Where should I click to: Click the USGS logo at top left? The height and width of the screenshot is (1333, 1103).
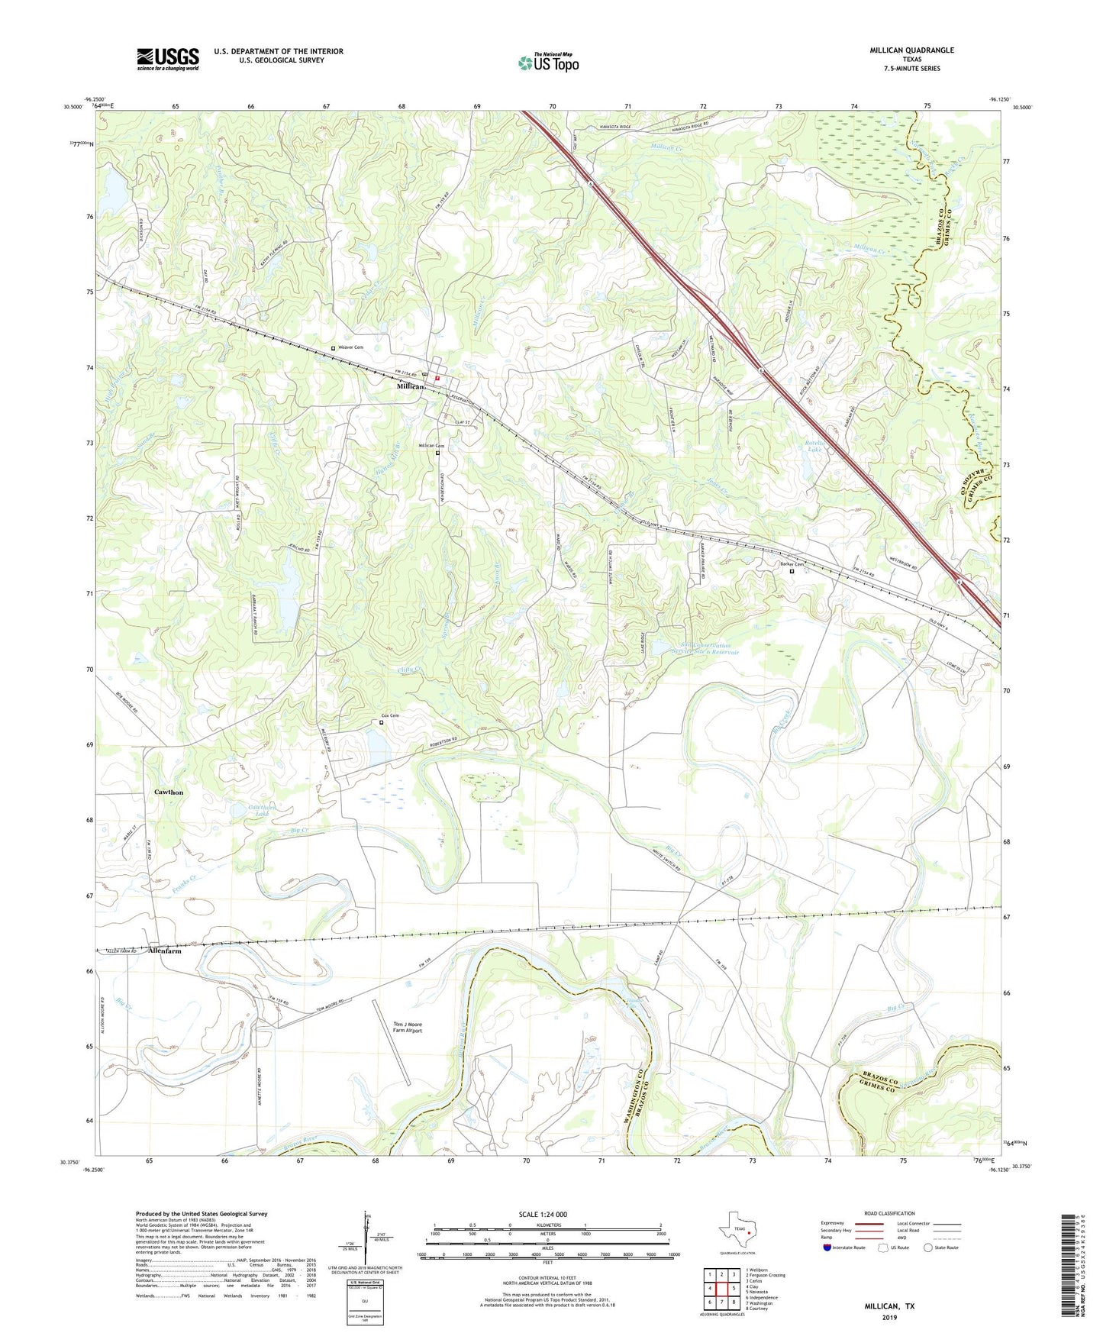pyautogui.click(x=167, y=59)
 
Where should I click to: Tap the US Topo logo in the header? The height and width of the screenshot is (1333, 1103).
pyautogui.click(x=547, y=63)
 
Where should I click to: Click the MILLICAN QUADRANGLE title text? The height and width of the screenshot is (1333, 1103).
pyautogui.click(x=911, y=50)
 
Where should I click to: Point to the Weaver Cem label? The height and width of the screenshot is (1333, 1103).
pyautogui.click(x=350, y=347)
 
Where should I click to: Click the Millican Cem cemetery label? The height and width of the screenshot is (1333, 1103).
pyautogui.click(x=431, y=446)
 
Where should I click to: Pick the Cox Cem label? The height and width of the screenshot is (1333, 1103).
pyautogui.click(x=390, y=715)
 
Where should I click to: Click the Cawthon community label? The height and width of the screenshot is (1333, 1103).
pyautogui.click(x=169, y=792)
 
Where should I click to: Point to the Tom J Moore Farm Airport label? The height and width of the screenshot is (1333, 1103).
pyautogui.click(x=408, y=1027)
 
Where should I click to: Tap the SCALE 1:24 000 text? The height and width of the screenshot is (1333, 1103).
pyautogui.click(x=543, y=1214)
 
